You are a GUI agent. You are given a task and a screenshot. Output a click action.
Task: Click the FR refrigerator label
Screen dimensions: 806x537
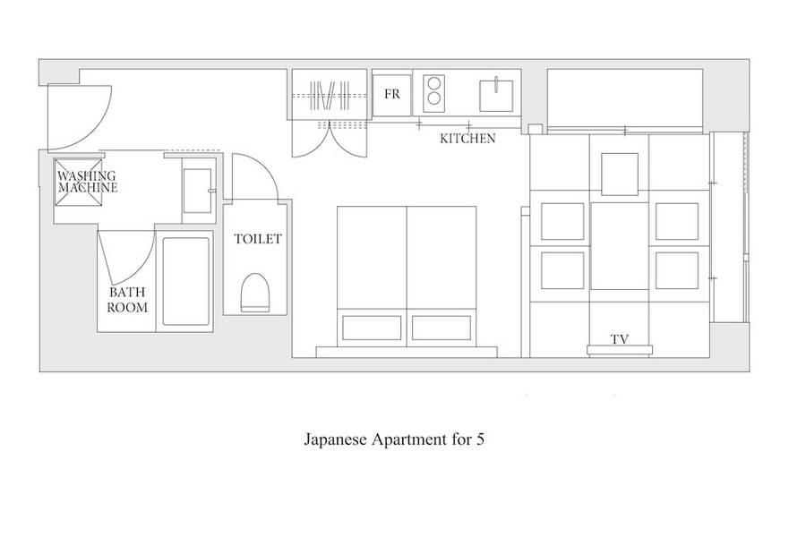[391, 94]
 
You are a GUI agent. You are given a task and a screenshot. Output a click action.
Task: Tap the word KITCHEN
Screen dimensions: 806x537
[467, 138]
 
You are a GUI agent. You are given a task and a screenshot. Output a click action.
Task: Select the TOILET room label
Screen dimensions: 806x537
[258, 239]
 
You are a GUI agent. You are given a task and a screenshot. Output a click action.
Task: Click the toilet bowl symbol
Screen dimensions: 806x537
[255, 293]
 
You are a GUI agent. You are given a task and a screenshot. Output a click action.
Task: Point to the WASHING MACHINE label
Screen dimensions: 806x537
[87, 182]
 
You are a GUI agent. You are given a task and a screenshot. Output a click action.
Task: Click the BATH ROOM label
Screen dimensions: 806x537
[127, 300]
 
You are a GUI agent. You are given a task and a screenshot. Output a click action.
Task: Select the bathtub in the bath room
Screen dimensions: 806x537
[186, 281]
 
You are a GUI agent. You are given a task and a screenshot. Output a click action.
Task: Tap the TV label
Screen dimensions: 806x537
[620, 339]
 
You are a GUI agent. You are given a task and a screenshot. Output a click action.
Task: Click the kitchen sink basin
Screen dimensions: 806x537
[496, 96]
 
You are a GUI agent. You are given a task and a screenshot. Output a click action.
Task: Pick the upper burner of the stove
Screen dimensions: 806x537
[434, 83]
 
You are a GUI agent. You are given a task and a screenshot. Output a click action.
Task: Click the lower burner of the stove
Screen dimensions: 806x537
[434, 98]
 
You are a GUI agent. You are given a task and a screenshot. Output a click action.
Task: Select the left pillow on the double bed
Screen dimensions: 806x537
[372, 328]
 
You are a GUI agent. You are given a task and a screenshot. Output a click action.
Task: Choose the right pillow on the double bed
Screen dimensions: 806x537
[441, 328]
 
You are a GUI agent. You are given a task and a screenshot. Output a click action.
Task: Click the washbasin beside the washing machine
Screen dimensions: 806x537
[197, 191]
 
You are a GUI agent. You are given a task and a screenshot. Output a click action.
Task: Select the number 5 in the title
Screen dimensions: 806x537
[480, 439]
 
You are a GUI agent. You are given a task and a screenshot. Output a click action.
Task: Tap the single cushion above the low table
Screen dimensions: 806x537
[620, 175]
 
